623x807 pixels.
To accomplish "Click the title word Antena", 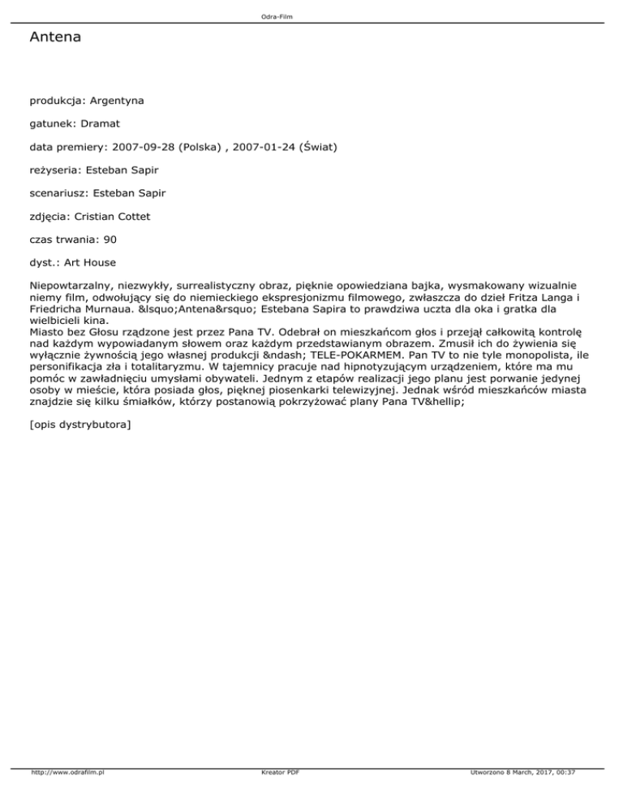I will [x=54, y=37].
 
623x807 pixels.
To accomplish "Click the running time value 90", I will [x=111, y=240].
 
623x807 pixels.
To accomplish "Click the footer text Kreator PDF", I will [x=277, y=795].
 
